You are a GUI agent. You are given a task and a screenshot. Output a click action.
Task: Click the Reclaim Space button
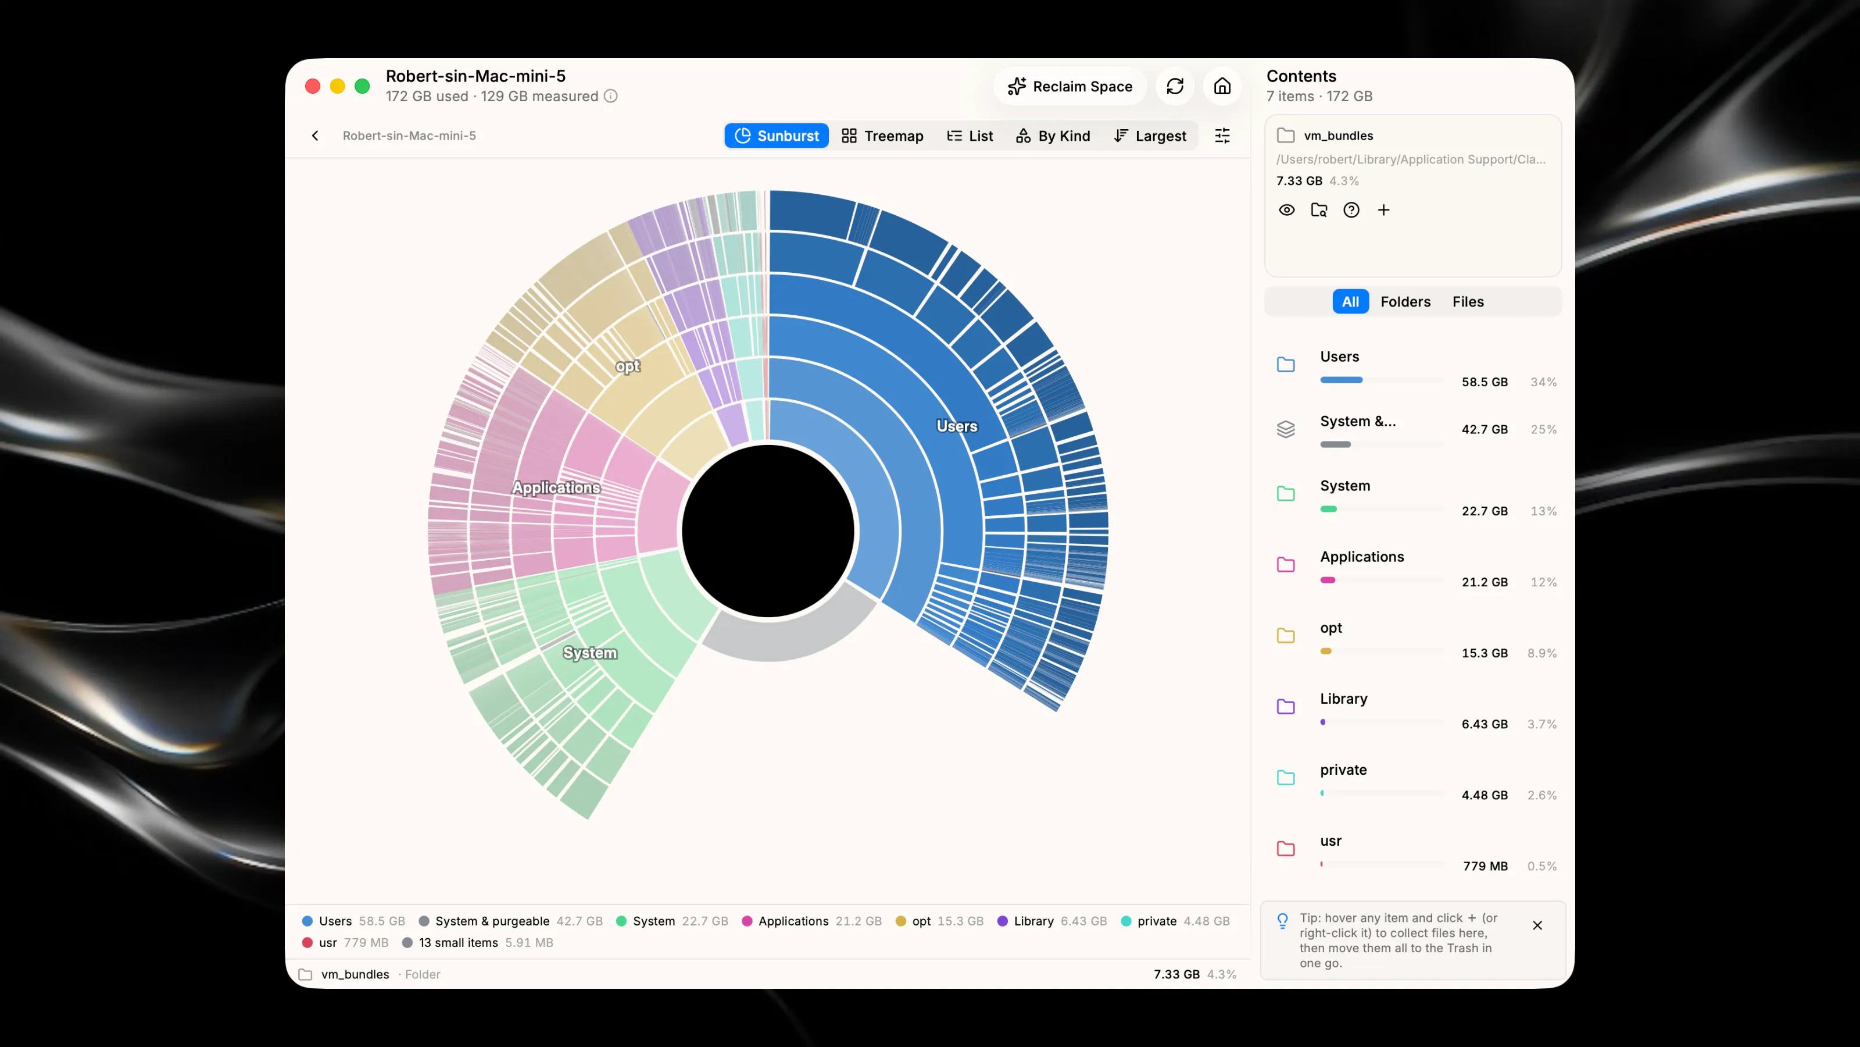pyautogui.click(x=1069, y=87)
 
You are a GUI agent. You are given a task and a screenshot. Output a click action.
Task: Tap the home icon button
pyautogui.click(x=1222, y=87)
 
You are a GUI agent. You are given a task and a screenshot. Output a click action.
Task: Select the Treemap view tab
pyautogui.click(x=882, y=136)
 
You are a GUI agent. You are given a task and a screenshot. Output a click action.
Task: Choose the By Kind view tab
pyautogui.click(x=1053, y=136)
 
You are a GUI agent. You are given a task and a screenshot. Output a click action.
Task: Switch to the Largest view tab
pyautogui.click(x=1150, y=136)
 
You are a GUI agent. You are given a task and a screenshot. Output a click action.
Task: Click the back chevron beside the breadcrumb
pyautogui.click(x=315, y=136)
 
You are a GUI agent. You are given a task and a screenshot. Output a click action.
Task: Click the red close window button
pyautogui.click(x=313, y=87)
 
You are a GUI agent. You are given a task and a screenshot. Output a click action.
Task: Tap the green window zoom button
pyautogui.click(x=363, y=87)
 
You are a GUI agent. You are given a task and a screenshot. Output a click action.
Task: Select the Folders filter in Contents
pyautogui.click(x=1405, y=302)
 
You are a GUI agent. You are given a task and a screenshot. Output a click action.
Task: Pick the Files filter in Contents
pyautogui.click(x=1468, y=302)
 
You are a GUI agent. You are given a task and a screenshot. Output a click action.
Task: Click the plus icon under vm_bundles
pyautogui.click(x=1383, y=210)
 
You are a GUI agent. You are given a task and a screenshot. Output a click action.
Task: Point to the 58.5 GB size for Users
pyautogui.click(x=1485, y=382)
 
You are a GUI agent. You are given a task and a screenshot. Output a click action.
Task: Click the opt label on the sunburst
pyautogui.click(x=628, y=366)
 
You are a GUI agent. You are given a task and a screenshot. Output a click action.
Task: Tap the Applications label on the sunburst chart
pyautogui.click(x=556, y=488)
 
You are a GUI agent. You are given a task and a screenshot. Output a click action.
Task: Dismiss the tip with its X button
pyautogui.click(x=1537, y=925)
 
